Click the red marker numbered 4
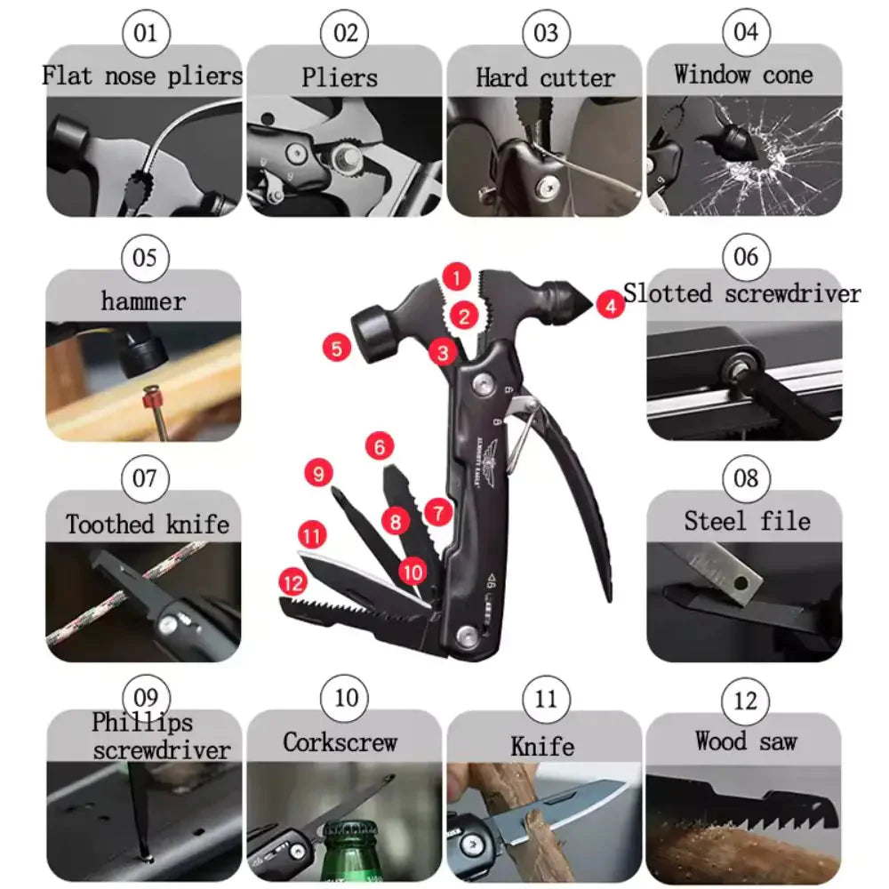[x=609, y=307]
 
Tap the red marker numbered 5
[x=336, y=348]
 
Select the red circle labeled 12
[x=292, y=583]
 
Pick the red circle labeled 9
[x=318, y=473]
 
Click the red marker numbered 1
[x=456, y=277]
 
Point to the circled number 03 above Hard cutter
[x=546, y=33]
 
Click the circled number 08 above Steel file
[x=746, y=478]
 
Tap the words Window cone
[x=743, y=74]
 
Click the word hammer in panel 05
[x=143, y=300]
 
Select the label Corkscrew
[x=340, y=741]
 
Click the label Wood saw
[x=745, y=741]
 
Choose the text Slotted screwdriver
[x=742, y=293]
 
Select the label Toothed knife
[x=148, y=524]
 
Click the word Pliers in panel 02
[x=339, y=77]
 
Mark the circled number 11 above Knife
[x=543, y=699]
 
